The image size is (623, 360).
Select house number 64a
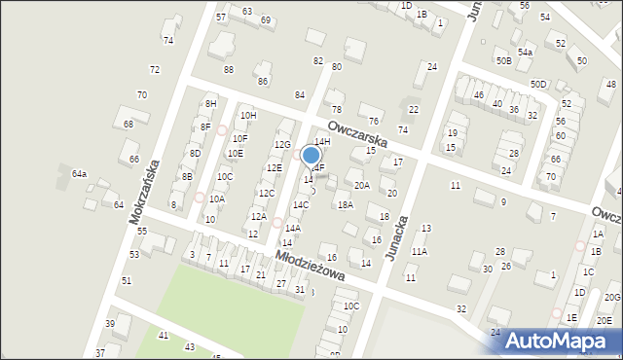80,174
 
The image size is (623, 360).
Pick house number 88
229,69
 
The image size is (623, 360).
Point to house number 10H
249,115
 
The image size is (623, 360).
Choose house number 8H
209,104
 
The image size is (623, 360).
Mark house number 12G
282,145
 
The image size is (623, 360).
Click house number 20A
362,185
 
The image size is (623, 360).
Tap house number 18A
345,204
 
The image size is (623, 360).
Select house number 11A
419,251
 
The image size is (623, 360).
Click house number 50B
503,60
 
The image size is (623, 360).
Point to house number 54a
526,52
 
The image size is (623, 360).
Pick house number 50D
539,85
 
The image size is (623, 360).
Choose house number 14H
322,142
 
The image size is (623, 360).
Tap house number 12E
275,167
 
